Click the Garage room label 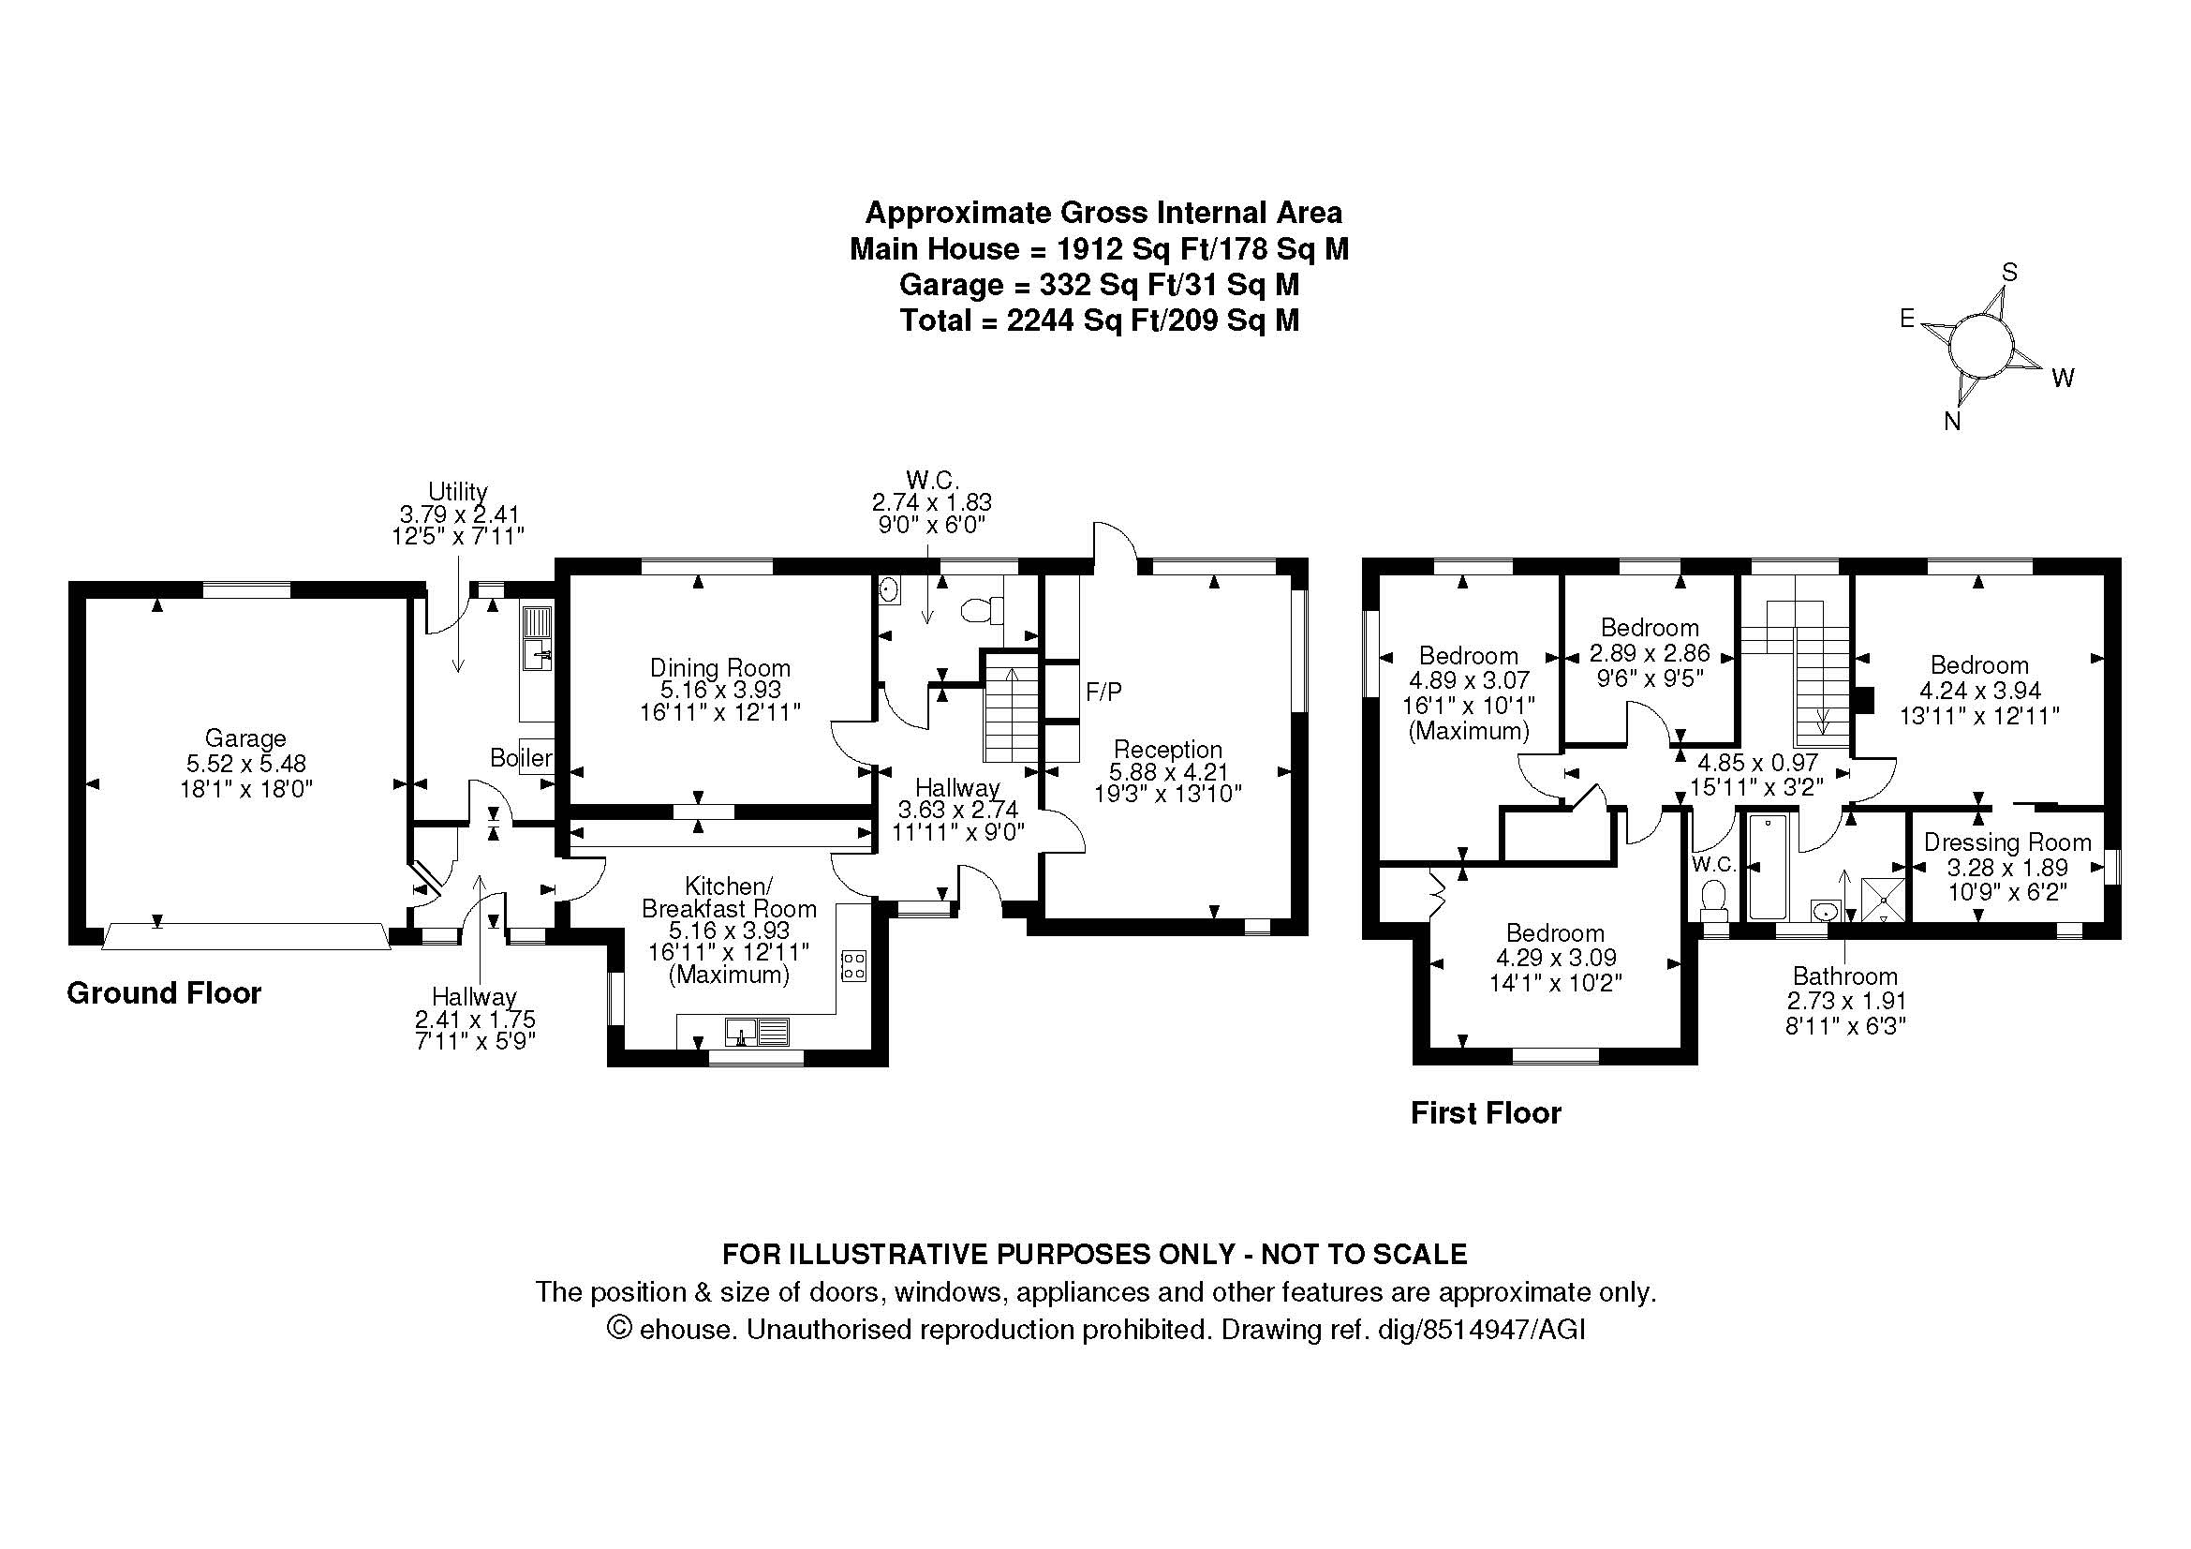[245, 737]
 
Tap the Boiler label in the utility [521, 758]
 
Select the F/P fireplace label [1103, 692]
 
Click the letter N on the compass [1952, 421]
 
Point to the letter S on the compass [2009, 273]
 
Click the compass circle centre [1981, 347]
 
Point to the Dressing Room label [2006, 842]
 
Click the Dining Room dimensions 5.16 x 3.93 [720, 690]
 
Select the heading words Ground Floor [164, 993]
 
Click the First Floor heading [1486, 1113]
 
